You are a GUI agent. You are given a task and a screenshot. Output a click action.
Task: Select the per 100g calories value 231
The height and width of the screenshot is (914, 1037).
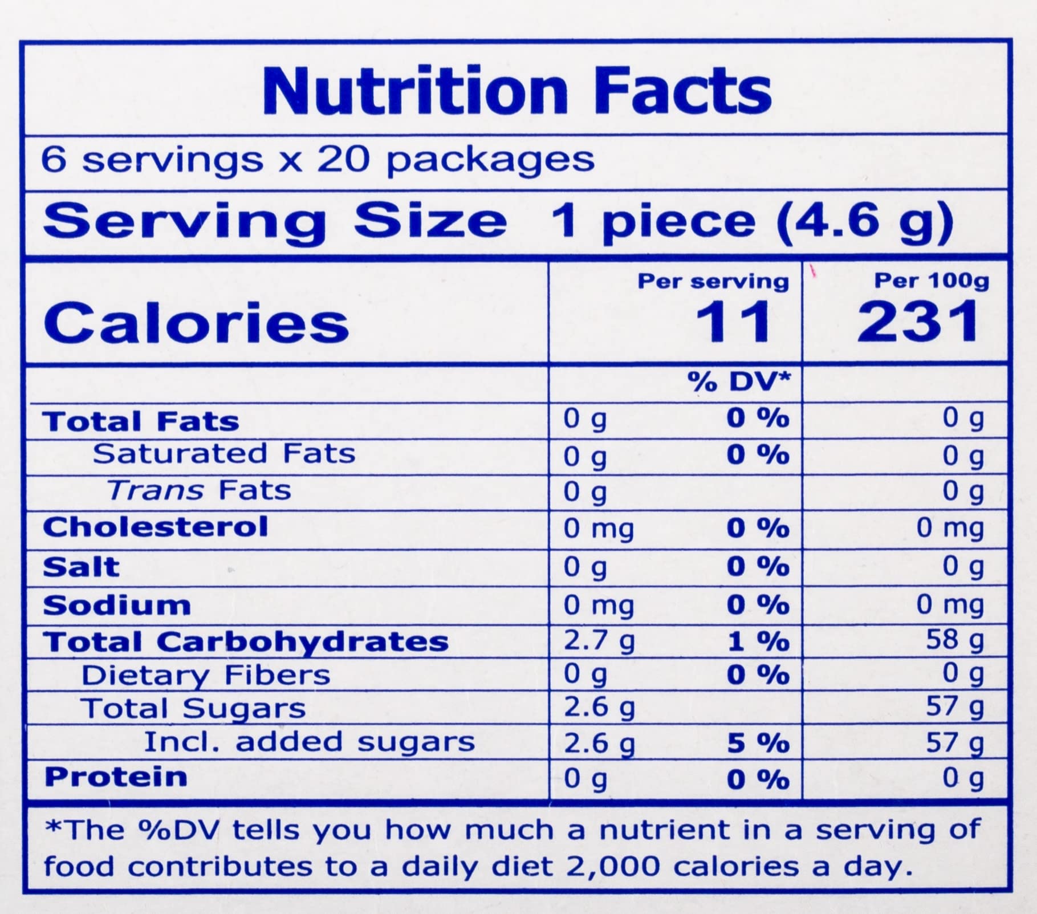click(x=918, y=322)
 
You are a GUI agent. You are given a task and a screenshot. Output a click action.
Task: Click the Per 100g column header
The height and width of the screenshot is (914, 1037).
click(x=932, y=281)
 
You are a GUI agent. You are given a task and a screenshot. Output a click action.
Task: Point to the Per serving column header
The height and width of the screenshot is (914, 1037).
click(x=713, y=281)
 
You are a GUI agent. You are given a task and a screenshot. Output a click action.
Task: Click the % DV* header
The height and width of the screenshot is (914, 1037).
click(x=739, y=381)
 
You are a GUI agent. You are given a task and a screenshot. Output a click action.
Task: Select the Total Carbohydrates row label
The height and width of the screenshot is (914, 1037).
click(x=246, y=641)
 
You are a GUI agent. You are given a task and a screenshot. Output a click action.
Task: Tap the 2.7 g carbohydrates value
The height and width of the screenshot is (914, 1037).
click(x=599, y=641)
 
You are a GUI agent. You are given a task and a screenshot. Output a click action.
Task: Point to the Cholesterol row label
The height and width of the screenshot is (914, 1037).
click(x=155, y=527)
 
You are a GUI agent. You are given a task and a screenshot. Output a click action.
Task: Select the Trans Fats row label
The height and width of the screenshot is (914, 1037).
click(x=200, y=490)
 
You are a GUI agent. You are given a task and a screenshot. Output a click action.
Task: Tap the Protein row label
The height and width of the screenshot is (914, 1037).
click(x=116, y=777)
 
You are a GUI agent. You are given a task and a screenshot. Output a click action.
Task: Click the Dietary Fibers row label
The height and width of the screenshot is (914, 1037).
click(x=206, y=676)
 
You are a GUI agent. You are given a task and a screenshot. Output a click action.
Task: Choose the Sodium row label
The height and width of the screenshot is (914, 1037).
click(x=117, y=605)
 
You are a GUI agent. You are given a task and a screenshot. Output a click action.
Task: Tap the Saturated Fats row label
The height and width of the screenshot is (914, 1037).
click(x=224, y=454)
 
